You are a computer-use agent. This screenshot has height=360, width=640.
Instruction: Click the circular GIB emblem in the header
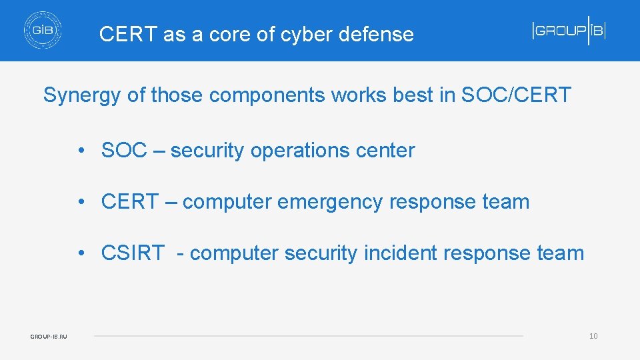point(43,31)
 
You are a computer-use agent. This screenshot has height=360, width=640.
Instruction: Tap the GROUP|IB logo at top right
point(569,31)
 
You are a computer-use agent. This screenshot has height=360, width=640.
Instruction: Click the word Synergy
point(82,95)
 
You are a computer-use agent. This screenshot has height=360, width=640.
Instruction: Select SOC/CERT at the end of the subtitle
point(515,95)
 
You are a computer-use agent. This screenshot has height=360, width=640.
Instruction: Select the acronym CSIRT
point(132,253)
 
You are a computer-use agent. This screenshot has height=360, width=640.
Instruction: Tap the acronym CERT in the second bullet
point(129,202)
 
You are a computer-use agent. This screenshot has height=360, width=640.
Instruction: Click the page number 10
point(593,336)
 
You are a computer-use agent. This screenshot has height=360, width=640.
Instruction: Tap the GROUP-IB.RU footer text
point(49,337)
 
